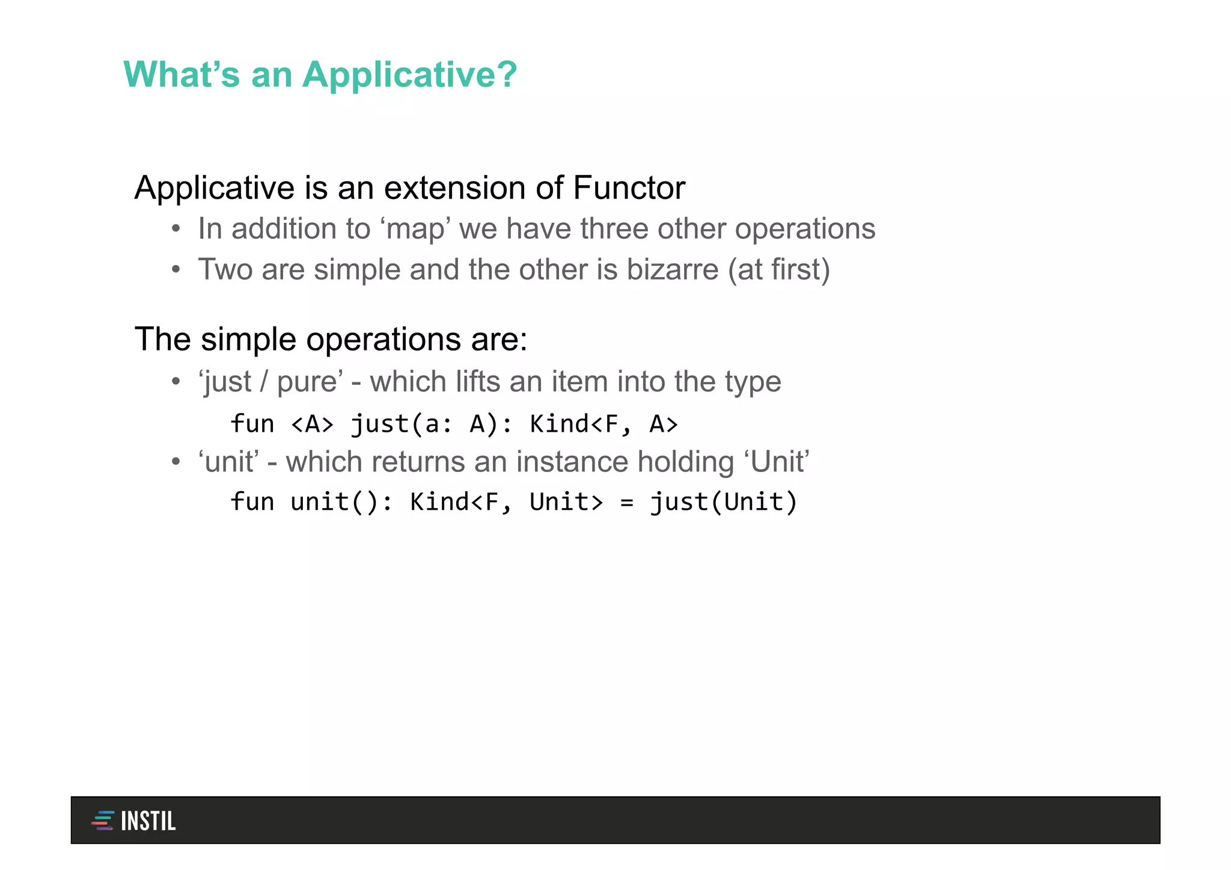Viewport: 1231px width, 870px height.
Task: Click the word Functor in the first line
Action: pyautogui.click(x=629, y=188)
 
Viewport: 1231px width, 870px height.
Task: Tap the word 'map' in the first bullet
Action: pyautogui.click(x=415, y=229)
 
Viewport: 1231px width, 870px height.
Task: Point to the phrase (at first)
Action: pyautogui.click(x=779, y=269)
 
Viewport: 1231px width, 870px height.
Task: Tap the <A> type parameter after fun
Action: pyautogui.click(x=311, y=424)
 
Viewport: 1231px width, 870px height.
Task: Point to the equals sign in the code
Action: pyautogui.click(x=626, y=502)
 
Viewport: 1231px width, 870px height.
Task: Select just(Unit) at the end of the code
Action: pyautogui.click(x=724, y=502)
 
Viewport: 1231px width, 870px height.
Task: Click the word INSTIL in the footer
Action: pyautogui.click(x=148, y=821)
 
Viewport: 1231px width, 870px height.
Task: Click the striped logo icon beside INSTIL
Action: pyautogui.click(x=103, y=821)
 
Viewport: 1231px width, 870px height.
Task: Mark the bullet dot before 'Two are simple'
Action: pyautogui.click(x=176, y=269)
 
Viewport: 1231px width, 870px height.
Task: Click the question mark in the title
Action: pyautogui.click(x=506, y=75)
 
